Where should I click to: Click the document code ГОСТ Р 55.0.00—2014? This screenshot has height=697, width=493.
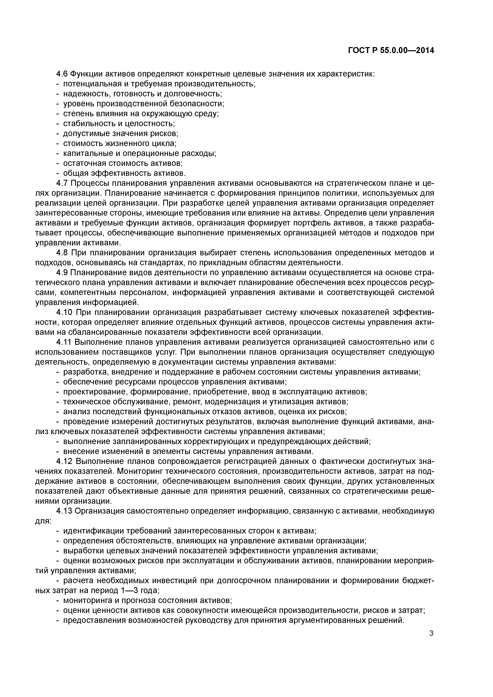click(391, 50)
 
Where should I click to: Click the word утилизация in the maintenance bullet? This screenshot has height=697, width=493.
click(290, 402)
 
